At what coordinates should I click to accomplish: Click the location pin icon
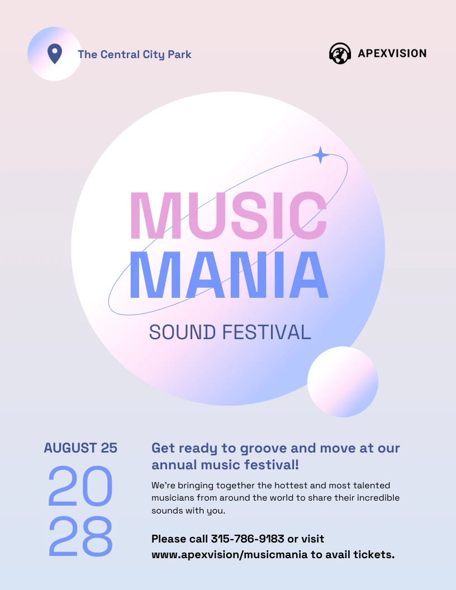(x=54, y=54)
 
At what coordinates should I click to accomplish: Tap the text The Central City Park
(x=134, y=54)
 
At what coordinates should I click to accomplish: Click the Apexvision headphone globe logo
(x=340, y=54)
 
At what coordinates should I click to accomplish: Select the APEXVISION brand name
(x=392, y=54)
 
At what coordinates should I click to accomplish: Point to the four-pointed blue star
(x=320, y=155)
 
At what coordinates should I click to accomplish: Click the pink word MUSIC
(x=228, y=217)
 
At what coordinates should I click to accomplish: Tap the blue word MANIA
(x=228, y=275)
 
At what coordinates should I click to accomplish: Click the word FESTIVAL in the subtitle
(x=267, y=332)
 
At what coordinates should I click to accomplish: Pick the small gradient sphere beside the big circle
(x=343, y=382)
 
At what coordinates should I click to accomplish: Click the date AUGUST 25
(x=80, y=448)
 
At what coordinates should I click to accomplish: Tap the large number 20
(x=80, y=486)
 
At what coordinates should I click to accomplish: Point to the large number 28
(x=80, y=536)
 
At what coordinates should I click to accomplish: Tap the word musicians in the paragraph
(x=172, y=497)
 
